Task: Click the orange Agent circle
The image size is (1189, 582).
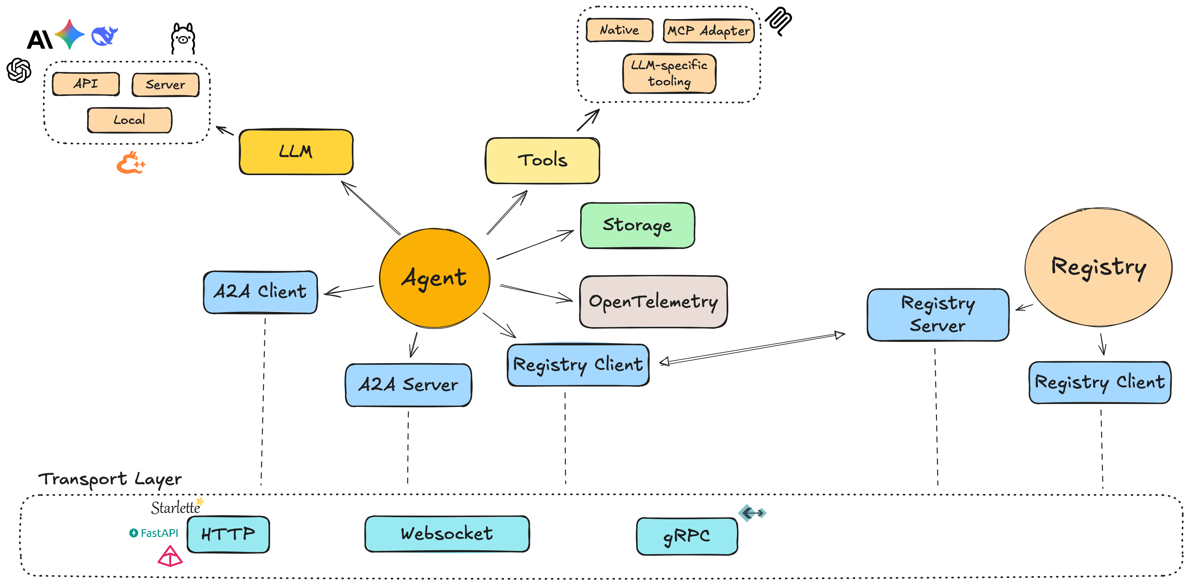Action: [x=434, y=278]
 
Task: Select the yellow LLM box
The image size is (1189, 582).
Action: [x=296, y=152]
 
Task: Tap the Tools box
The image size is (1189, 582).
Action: [x=542, y=160]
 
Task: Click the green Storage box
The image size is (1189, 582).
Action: [x=637, y=225]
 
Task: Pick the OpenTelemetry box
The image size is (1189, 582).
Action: [x=653, y=302]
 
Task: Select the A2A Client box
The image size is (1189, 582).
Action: [x=260, y=292]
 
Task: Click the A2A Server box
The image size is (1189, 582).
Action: [x=408, y=385]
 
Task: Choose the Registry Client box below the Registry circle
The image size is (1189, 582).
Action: [x=1100, y=382]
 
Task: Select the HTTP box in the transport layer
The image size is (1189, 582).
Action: [x=228, y=534]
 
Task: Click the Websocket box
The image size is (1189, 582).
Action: [x=447, y=534]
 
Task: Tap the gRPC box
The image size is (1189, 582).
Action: [x=686, y=536]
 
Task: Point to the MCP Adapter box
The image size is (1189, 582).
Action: [x=708, y=31]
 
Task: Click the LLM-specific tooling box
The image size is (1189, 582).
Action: [x=669, y=73]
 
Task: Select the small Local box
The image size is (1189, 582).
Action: [x=129, y=120]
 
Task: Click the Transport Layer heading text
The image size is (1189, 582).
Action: [x=110, y=479]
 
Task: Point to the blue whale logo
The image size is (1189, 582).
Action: [x=104, y=36]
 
